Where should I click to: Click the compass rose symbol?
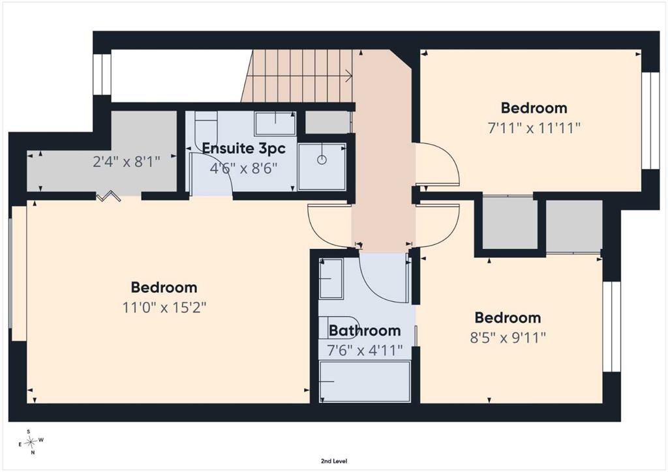coord(31,442)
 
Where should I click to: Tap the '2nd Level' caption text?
coord(333,461)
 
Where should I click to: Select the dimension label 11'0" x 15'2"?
coord(164,307)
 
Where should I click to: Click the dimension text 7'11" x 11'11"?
coord(534,128)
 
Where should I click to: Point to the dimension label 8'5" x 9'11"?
coord(508,338)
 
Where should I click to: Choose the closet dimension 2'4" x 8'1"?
coord(127,162)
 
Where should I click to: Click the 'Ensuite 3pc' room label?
coord(243,149)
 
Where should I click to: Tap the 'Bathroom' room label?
coord(365,331)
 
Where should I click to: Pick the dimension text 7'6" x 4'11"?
coord(365,351)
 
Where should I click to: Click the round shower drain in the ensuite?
coord(322,160)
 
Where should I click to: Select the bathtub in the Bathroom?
coord(365,381)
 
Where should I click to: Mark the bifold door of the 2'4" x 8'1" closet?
coord(108,196)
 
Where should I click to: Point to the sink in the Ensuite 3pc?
coord(275,123)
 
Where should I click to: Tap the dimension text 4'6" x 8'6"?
coord(243,169)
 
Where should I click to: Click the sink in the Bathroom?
coord(331,279)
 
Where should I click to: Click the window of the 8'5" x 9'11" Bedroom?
coord(612,327)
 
